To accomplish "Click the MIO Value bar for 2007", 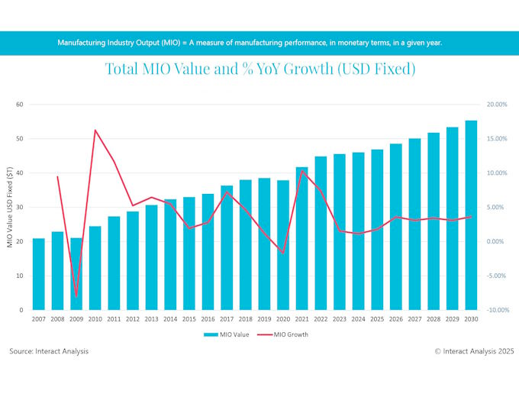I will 38,275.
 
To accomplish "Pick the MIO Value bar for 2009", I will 76,274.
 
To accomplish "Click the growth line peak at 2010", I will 95,130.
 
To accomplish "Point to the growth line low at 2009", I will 76,296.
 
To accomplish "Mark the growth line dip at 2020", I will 283,253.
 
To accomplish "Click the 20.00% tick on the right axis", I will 495,105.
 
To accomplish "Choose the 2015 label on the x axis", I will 189,319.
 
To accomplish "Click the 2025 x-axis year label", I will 377,319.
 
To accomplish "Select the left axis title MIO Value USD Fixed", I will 10,208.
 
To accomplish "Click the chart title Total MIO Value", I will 259,69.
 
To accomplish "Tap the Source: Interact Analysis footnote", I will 49,351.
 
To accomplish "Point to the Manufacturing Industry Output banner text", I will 250,42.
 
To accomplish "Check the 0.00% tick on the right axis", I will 496,241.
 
